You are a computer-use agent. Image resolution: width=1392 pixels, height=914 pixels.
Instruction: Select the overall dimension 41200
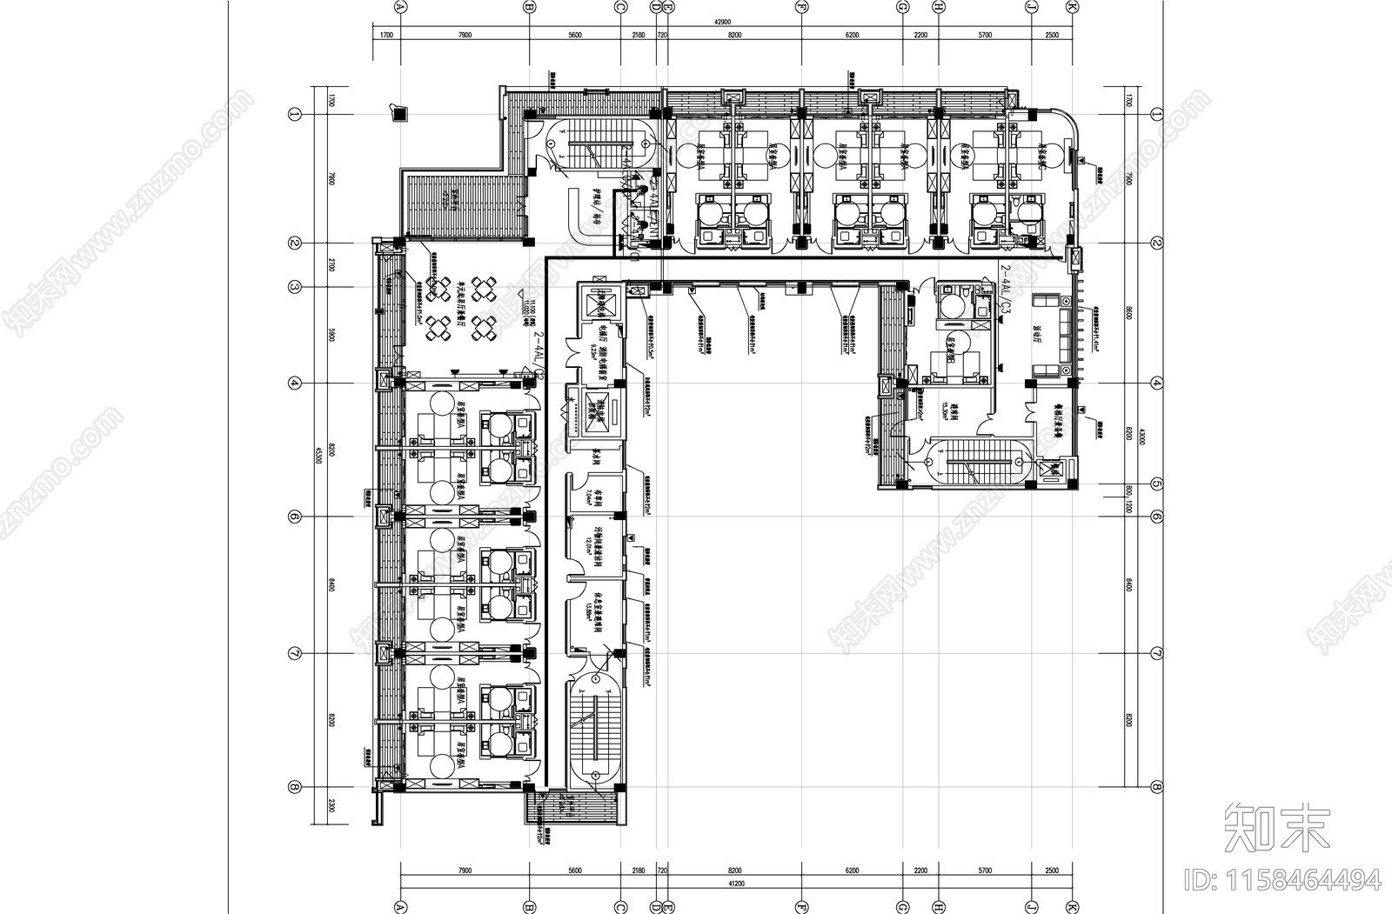point(736,884)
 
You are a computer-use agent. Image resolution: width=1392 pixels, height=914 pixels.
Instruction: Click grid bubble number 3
point(295,286)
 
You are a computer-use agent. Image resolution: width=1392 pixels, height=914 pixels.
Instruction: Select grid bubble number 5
point(1156,484)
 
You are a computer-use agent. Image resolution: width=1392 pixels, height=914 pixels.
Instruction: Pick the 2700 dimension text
point(331,264)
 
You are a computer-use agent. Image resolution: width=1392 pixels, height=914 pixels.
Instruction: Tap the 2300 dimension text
point(331,806)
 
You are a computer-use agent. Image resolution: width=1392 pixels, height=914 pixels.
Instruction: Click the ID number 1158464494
point(1283,879)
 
